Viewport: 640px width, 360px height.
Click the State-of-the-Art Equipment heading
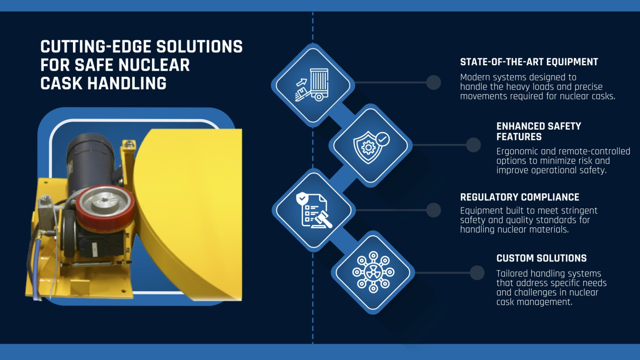(x=529, y=62)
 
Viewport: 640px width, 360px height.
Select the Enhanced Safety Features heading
(x=538, y=131)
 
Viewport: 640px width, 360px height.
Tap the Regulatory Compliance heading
(x=520, y=197)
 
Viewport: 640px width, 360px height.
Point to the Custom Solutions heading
(x=541, y=258)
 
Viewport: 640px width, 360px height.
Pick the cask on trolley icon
(x=312, y=84)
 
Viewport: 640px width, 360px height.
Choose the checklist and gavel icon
(x=313, y=210)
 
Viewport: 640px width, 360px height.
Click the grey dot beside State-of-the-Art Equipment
(x=433, y=82)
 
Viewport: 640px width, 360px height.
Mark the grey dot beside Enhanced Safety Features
(x=473, y=145)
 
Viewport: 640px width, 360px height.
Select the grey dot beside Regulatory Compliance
(x=433, y=210)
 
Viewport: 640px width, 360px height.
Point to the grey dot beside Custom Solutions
(x=477, y=272)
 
